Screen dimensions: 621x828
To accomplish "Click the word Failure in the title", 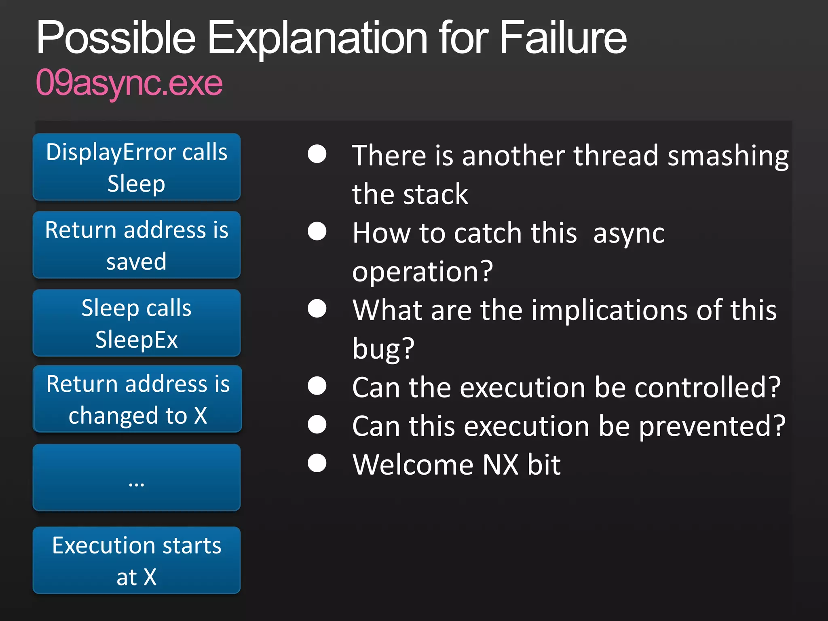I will [x=563, y=38].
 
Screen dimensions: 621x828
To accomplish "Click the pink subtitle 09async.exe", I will [x=129, y=83].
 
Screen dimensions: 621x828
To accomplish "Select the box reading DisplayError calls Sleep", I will [x=137, y=167].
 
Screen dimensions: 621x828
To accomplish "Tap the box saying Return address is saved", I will [x=137, y=245].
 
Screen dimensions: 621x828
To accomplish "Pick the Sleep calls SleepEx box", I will [x=137, y=323].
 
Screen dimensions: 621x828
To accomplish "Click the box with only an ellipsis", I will [x=137, y=477].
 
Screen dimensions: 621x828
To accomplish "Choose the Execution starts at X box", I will [x=137, y=560].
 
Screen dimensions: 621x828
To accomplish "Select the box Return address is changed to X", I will [x=137, y=399].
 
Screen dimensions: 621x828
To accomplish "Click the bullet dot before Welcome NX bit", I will [x=317, y=463].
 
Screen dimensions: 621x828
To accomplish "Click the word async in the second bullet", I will [x=629, y=234].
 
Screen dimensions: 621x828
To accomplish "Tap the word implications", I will [x=609, y=310].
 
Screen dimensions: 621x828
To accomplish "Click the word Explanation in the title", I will [x=317, y=38].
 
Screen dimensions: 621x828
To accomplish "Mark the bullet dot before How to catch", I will [x=317, y=232].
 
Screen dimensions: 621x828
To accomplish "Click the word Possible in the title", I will [x=116, y=38].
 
